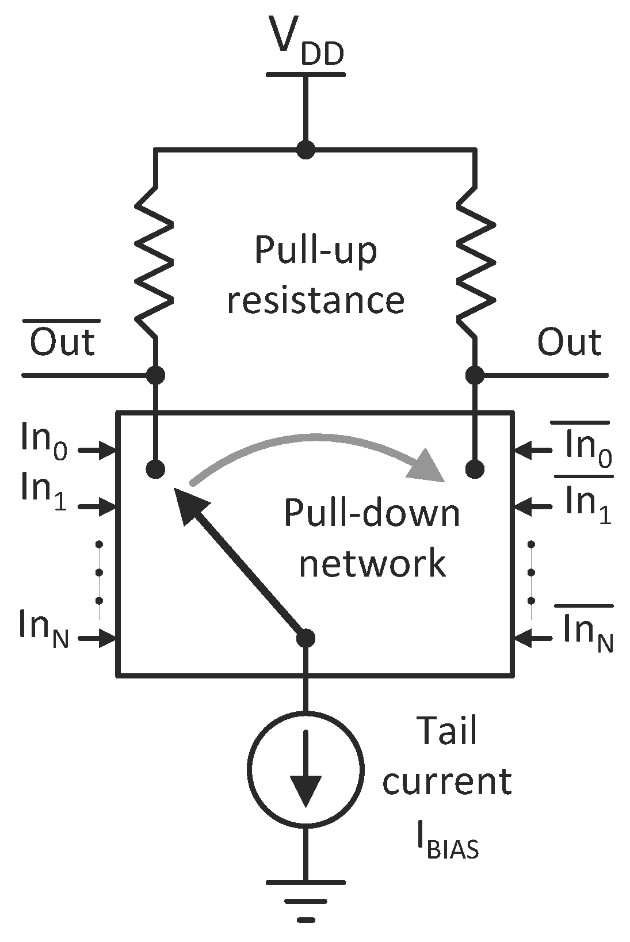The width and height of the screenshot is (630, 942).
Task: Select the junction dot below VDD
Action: pos(306,150)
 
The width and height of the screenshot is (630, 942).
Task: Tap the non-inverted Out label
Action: pos(569,342)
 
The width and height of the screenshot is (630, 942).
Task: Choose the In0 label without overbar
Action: pos(44,441)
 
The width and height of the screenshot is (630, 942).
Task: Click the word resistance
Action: pos(316,300)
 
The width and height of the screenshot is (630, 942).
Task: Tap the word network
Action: pos(372,563)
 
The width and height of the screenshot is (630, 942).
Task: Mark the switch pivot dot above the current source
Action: pos(306,638)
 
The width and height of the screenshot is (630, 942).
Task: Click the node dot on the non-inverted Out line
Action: pos(475,375)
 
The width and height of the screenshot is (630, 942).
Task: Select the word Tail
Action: pos(446,731)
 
